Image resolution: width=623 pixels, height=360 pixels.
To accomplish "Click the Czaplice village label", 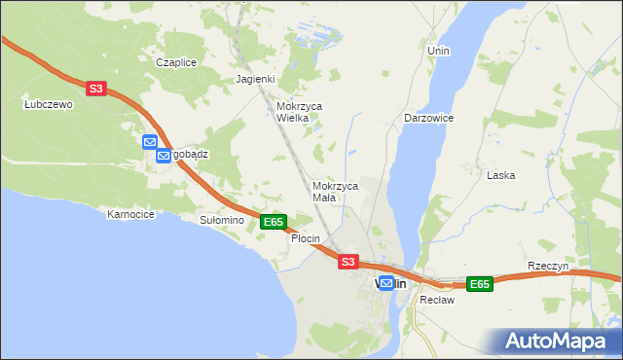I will click(x=176, y=62).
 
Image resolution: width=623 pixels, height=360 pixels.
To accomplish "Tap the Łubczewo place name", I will click(x=49, y=104).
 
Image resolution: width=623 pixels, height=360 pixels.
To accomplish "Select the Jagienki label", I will click(x=256, y=80).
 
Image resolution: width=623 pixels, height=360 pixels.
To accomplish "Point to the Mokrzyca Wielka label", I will click(x=299, y=112).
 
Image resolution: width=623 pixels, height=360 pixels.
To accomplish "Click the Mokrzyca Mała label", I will click(x=336, y=191).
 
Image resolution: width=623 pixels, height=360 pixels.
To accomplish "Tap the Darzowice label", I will click(x=428, y=118).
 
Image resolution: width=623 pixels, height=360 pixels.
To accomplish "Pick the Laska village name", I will click(x=500, y=175).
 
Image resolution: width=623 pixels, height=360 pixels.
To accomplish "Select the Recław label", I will click(x=431, y=300).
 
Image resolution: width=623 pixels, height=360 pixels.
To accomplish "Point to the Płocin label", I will click(x=305, y=239).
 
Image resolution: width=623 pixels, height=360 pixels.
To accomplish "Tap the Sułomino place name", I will click(x=221, y=221).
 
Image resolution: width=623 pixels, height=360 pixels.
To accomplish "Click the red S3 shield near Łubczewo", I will click(x=94, y=89).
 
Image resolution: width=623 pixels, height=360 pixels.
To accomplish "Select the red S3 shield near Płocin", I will click(x=348, y=262).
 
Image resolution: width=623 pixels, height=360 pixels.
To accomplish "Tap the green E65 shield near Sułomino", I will click(x=274, y=222).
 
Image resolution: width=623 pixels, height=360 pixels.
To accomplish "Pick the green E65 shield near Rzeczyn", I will click(x=479, y=284).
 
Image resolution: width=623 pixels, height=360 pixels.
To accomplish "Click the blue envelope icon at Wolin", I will click(x=386, y=283).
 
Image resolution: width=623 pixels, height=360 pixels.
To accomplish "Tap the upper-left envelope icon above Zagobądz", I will click(x=150, y=142).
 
